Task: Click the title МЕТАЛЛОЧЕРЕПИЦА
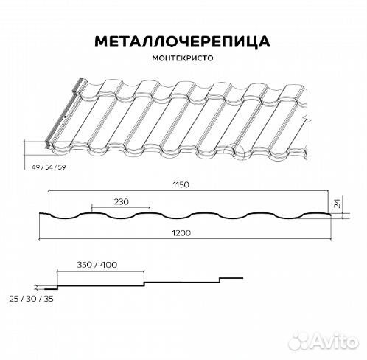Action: (183, 40)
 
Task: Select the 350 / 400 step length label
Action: (97, 264)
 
